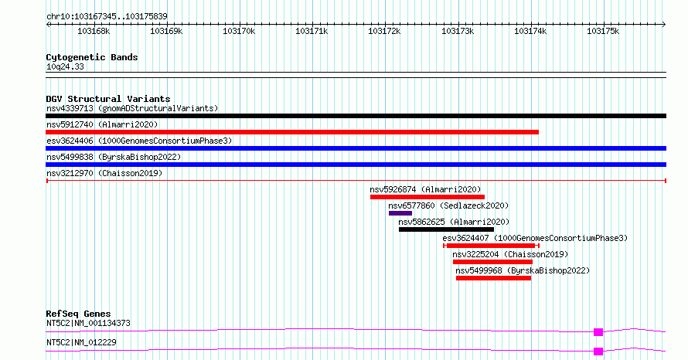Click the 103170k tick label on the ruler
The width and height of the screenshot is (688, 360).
pos(239,31)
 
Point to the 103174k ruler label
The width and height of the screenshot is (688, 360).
pos(530,31)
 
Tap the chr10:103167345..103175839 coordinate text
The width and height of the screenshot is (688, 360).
pos(107,16)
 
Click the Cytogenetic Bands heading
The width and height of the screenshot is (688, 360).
pos(92,57)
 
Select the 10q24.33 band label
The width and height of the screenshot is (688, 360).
pos(65,66)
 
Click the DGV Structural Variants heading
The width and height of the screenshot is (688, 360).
pos(108,99)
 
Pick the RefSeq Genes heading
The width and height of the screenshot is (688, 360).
pos(79,314)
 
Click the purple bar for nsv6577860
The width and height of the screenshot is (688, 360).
pos(400,213)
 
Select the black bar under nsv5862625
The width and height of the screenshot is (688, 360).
pos(446,229)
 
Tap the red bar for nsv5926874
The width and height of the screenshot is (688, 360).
pos(427,197)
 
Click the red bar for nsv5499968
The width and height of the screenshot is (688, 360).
pos(494,278)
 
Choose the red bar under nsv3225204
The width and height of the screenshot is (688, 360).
pos(492,262)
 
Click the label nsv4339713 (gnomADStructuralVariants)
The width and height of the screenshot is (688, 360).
pos(132,108)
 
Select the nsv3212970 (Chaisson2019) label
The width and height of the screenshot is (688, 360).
pos(104,173)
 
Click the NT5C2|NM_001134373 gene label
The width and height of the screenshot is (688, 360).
pos(88,323)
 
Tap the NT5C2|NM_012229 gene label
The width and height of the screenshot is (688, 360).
pos(81,342)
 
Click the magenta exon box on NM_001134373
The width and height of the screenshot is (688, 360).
pos(598,332)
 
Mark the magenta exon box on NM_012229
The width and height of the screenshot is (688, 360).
pos(598,352)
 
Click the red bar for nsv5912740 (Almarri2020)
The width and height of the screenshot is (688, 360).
pos(292,132)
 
